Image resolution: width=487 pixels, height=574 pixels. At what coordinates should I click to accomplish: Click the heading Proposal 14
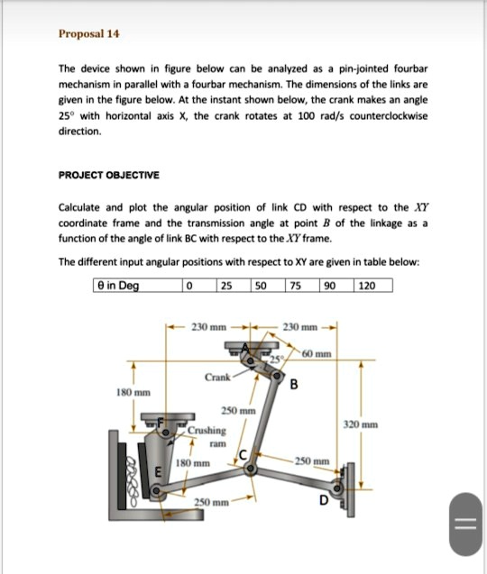89,34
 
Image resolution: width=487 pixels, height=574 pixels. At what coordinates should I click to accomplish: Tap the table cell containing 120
367,286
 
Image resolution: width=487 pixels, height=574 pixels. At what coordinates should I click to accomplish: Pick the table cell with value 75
296,286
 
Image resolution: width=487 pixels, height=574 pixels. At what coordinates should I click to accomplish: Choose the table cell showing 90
330,286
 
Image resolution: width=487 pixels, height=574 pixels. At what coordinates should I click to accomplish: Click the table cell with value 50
262,286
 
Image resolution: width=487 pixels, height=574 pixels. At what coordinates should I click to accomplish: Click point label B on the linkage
293,387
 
